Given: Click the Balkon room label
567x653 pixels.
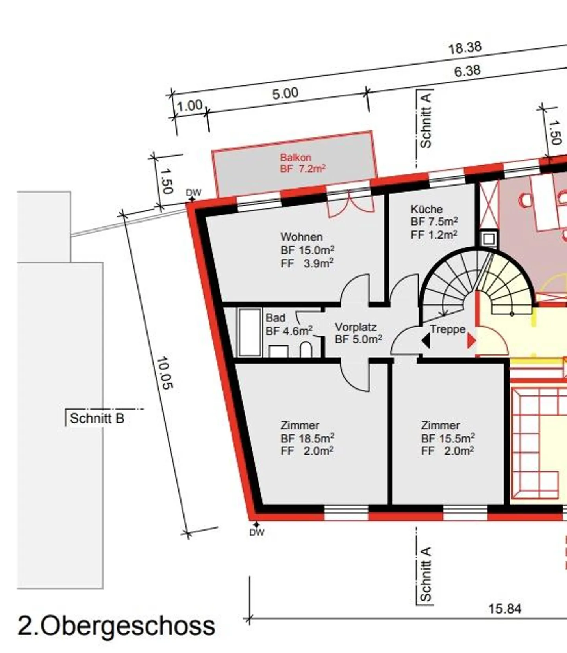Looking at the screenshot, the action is [296, 158].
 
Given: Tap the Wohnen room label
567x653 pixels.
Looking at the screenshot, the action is [302, 237].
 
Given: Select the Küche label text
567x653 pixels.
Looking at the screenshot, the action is [426, 209].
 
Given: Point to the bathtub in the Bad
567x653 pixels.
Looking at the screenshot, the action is [250, 332].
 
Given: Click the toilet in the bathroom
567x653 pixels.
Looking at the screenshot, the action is [306, 350].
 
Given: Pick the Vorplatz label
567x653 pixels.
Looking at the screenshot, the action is [356, 327].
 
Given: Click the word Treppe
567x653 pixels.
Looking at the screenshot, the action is [448, 329].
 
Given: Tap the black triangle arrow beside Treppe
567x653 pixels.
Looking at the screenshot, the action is [426, 341].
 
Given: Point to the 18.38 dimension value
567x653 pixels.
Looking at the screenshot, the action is [465, 48].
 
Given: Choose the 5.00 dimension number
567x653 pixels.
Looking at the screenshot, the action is [285, 94].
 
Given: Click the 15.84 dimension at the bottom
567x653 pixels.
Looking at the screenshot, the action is [505, 609].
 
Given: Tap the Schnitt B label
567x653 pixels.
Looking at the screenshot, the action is [97, 418].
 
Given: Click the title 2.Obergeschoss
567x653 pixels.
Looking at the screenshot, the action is [117, 625].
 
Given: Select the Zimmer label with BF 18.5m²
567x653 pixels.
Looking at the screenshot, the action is [300, 425].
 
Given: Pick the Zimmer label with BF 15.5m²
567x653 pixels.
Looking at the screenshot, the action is [440, 425].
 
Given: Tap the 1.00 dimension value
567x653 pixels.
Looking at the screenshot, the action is [189, 106].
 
